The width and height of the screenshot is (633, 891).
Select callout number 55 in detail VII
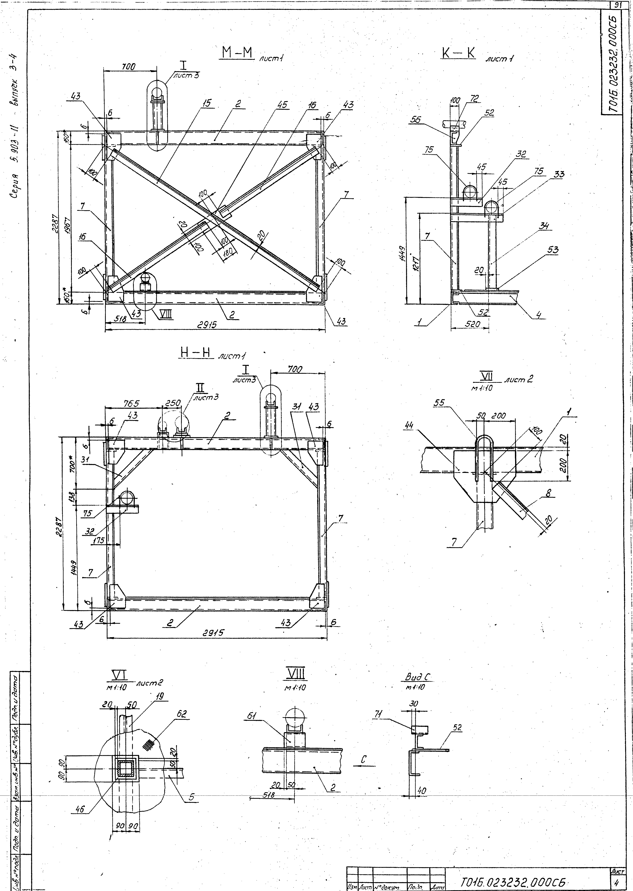point(439,403)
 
